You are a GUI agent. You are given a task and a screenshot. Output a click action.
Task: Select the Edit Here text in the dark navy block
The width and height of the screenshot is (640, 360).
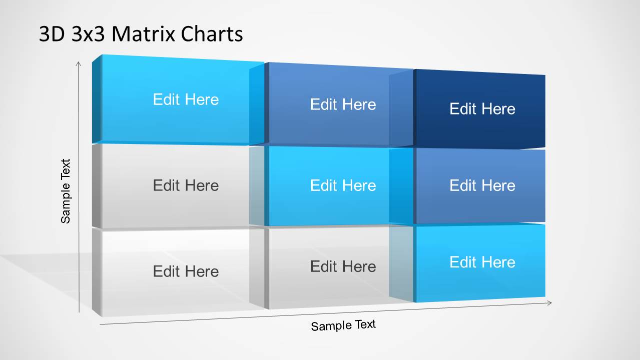pyautogui.click(x=482, y=109)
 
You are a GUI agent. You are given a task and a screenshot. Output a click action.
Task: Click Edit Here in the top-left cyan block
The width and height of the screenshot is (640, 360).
pyautogui.click(x=186, y=99)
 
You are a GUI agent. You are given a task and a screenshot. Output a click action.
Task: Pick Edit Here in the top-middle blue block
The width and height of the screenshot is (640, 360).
pyautogui.click(x=343, y=104)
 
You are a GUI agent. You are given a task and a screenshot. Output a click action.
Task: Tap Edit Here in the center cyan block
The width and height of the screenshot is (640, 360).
pyautogui.click(x=343, y=185)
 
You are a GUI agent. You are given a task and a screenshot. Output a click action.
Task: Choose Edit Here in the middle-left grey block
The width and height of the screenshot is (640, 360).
pyautogui.click(x=186, y=185)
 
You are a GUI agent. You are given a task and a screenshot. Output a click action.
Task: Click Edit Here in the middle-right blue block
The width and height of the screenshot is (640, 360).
pyautogui.click(x=482, y=185)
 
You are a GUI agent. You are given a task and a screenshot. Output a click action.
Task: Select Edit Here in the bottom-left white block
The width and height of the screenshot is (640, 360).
pyautogui.click(x=186, y=271)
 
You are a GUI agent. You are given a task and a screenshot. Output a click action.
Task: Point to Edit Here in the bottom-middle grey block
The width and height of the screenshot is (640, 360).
pyautogui.click(x=343, y=266)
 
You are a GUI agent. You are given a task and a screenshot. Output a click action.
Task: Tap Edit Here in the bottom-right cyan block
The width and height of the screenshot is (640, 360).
pyautogui.click(x=482, y=262)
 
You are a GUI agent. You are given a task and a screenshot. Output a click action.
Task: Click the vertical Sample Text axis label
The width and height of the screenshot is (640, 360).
pyautogui.click(x=66, y=191)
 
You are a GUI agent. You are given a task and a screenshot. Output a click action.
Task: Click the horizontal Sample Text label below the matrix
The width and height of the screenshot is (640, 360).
pyautogui.click(x=343, y=325)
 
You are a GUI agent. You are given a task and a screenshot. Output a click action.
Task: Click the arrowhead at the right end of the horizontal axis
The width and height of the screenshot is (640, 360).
pyautogui.click(x=550, y=302)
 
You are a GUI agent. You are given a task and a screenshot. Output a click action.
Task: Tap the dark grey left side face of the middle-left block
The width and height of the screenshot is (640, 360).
pyautogui.click(x=97, y=186)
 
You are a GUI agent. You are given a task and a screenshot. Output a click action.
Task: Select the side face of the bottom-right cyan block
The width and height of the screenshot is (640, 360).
pyautogui.click(x=401, y=263)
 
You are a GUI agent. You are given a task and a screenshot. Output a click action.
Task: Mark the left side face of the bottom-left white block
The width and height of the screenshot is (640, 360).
pyautogui.click(x=97, y=272)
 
